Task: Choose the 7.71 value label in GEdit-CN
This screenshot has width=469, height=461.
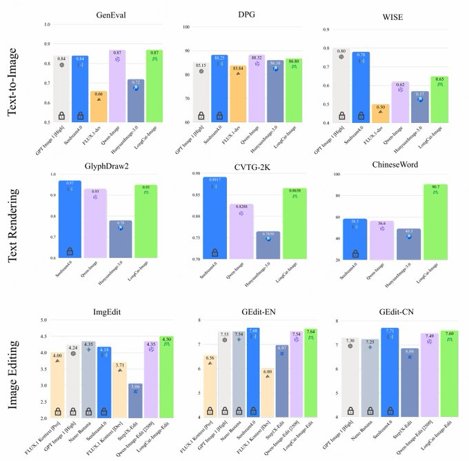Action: coord(390,331)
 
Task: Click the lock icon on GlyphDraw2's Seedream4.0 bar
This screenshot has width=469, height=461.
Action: coord(70,251)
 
